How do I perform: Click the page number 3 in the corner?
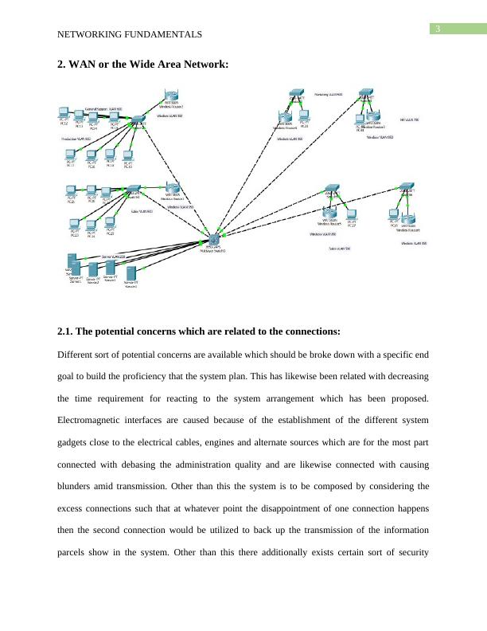click(437, 30)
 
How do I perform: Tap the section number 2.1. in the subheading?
click(70, 331)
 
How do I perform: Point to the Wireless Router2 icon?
click(169, 99)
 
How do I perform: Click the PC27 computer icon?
click(352, 216)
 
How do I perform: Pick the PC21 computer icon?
click(72, 193)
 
